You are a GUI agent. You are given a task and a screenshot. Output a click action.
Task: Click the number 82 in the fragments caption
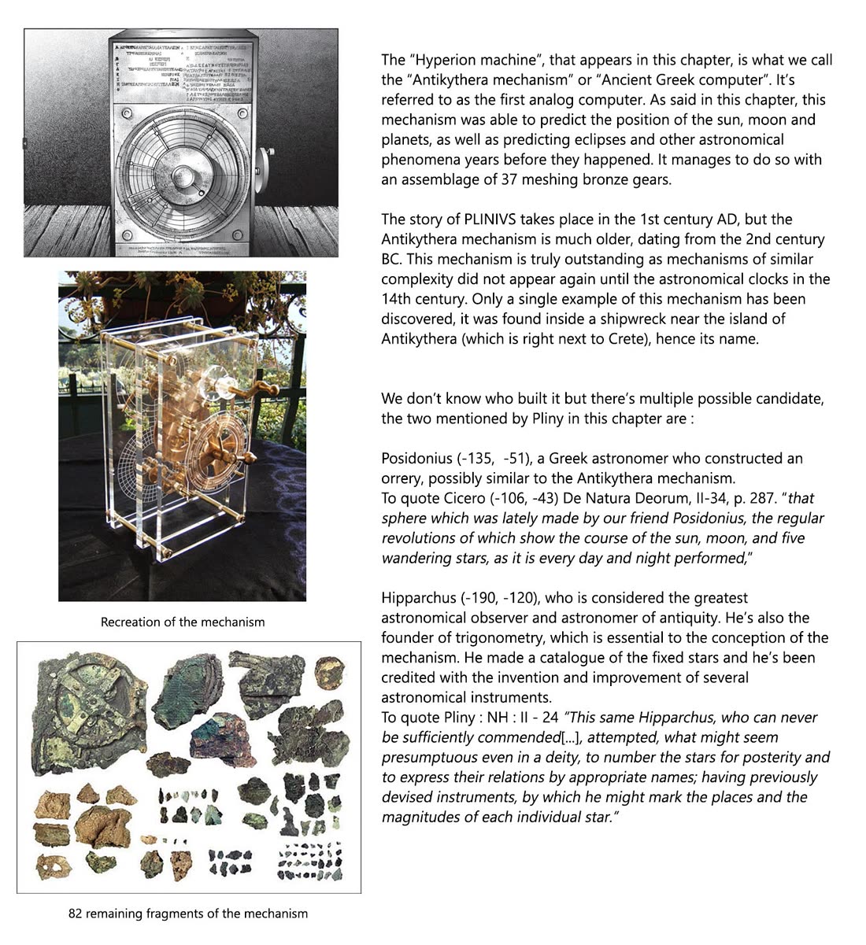[x=76, y=914]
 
